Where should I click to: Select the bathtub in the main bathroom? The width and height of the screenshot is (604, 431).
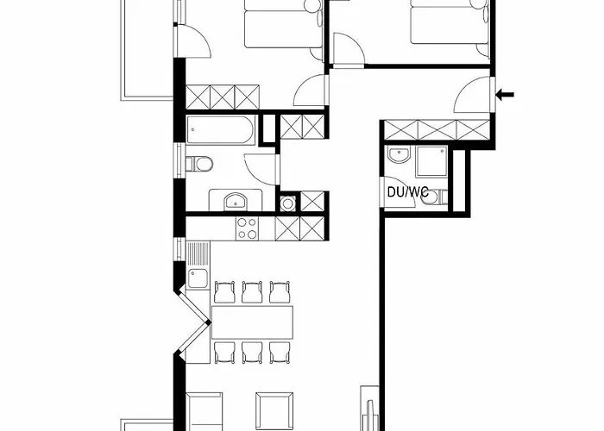[x=221, y=132]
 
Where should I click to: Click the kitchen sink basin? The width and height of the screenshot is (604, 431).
[x=198, y=278]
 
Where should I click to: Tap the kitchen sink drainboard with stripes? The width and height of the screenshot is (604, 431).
[x=199, y=253]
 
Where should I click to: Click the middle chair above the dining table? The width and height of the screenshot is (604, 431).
[x=252, y=292]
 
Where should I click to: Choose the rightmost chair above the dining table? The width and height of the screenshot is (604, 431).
[x=279, y=292]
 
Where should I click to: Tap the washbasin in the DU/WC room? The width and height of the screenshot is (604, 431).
[x=398, y=156]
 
